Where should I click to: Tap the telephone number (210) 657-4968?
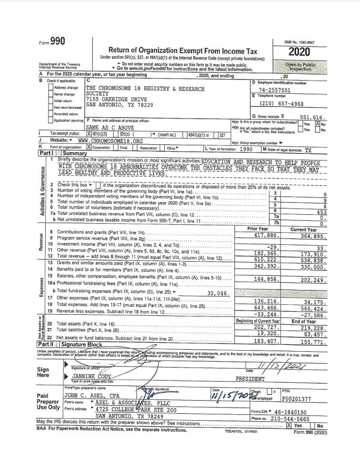(x=277, y=103)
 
